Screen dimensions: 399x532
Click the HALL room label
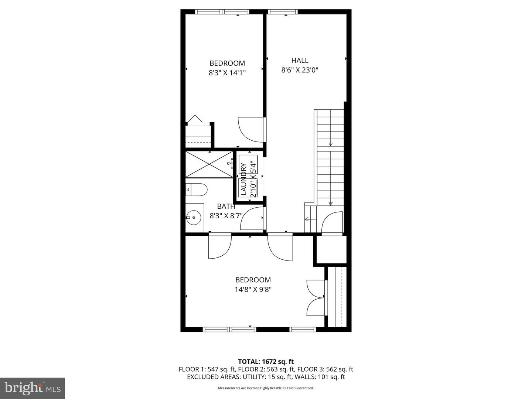(x=300, y=61)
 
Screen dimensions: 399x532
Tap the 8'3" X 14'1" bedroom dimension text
(x=227, y=73)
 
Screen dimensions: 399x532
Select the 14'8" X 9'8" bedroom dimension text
(x=253, y=290)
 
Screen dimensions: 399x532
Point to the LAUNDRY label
(x=243, y=179)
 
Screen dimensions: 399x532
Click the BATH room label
(x=226, y=207)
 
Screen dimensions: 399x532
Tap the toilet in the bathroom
(x=197, y=190)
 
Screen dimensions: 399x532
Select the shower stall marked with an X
(x=209, y=164)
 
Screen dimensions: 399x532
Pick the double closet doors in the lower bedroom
(x=317, y=297)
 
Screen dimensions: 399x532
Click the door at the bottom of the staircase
(x=332, y=223)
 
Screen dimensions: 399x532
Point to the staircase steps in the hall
(x=330, y=155)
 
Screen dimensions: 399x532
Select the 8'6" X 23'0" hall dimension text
(x=300, y=70)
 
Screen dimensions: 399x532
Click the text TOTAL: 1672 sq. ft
(x=266, y=362)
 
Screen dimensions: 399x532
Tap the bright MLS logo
(x=33, y=388)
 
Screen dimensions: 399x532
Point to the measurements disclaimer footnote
(x=266, y=388)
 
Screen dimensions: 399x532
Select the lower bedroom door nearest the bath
(x=220, y=246)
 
